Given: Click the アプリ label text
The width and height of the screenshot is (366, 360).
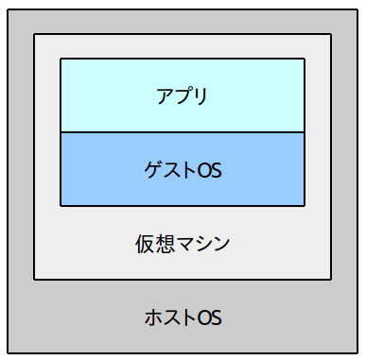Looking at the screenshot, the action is pyautogui.click(x=182, y=95).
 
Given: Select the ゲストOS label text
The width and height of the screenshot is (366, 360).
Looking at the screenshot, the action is pyautogui.click(x=182, y=170).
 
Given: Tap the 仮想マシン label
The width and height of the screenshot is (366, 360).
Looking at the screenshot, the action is pyautogui.click(x=182, y=243).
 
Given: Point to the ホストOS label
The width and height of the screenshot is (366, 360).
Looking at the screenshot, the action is pyautogui.click(x=183, y=316).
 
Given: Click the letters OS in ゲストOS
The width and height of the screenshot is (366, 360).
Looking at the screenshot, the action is pyautogui.click(x=212, y=170).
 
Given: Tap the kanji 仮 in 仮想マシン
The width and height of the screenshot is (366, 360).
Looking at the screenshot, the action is pyautogui.click(x=144, y=243).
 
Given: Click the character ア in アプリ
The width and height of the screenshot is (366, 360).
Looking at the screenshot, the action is pyautogui.click(x=165, y=95).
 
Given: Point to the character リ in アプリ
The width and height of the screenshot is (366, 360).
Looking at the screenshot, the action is pyautogui.click(x=200, y=95).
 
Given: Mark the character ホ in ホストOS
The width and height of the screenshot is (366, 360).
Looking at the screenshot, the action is pyautogui.click(x=152, y=316).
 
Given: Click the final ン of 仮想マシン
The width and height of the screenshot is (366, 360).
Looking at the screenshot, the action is pyautogui.click(x=219, y=243).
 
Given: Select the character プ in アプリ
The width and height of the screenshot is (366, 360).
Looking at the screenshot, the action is pyautogui.click(x=182, y=95).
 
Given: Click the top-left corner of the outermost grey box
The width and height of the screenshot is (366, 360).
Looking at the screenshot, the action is pyautogui.click(x=8, y=8).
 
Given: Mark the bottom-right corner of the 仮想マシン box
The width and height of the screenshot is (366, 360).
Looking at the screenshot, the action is pyautogui.click(x=331, y=279).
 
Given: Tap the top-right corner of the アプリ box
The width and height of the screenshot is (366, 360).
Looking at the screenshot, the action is pyautogui.click(x=305, y=59).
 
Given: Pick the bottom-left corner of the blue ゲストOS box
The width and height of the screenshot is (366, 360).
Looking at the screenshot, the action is pyautogui.click(x=61, y=205).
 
